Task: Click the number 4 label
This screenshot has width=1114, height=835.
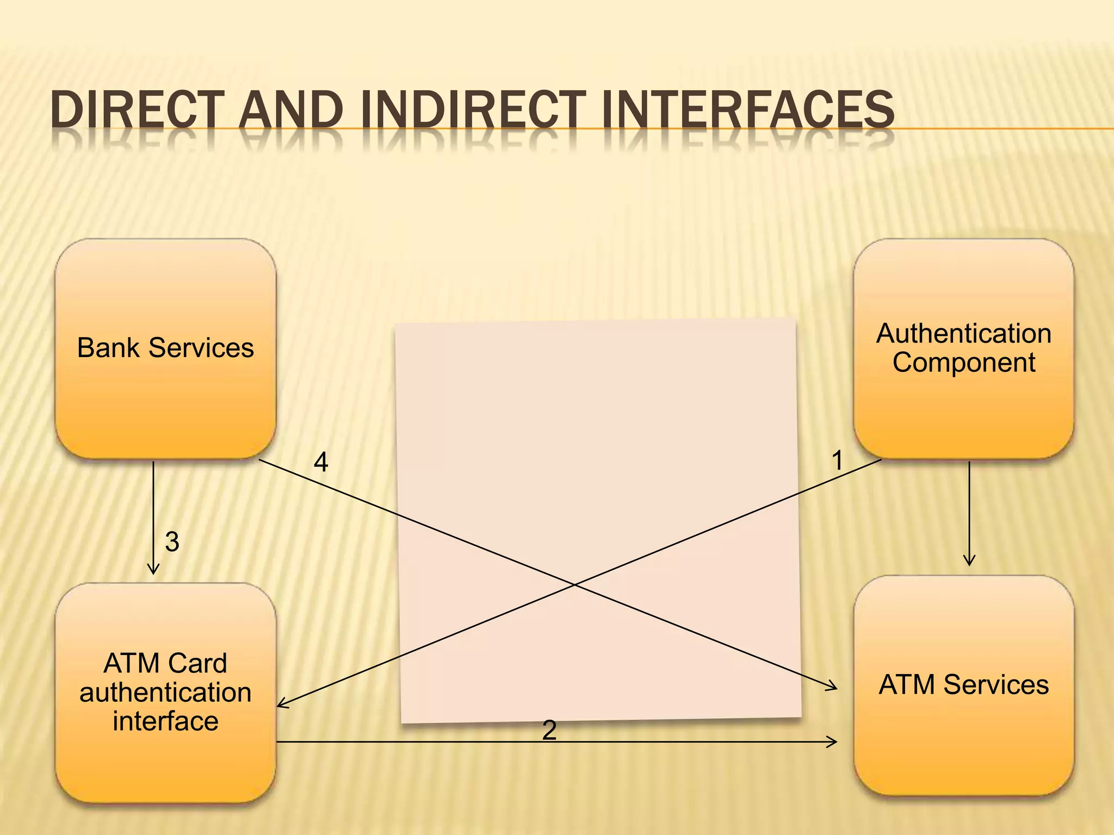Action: [321, 463]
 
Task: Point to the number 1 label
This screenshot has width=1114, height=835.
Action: [837, 460]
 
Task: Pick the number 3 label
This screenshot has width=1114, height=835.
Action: [172, 542]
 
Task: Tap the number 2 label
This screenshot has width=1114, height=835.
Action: [549, 730]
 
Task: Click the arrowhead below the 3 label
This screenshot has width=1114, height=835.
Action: [153, 571]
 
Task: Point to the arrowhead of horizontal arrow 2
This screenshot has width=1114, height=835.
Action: [834, 741]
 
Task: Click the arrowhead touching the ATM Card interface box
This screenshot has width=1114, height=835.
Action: [280, 705]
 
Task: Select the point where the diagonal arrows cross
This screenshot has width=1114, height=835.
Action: [574, 585]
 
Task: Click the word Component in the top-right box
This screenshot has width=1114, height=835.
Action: [963, 363]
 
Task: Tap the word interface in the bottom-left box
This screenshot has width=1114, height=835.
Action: [165, 721]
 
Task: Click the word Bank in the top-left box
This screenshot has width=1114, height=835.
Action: [108, 348]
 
